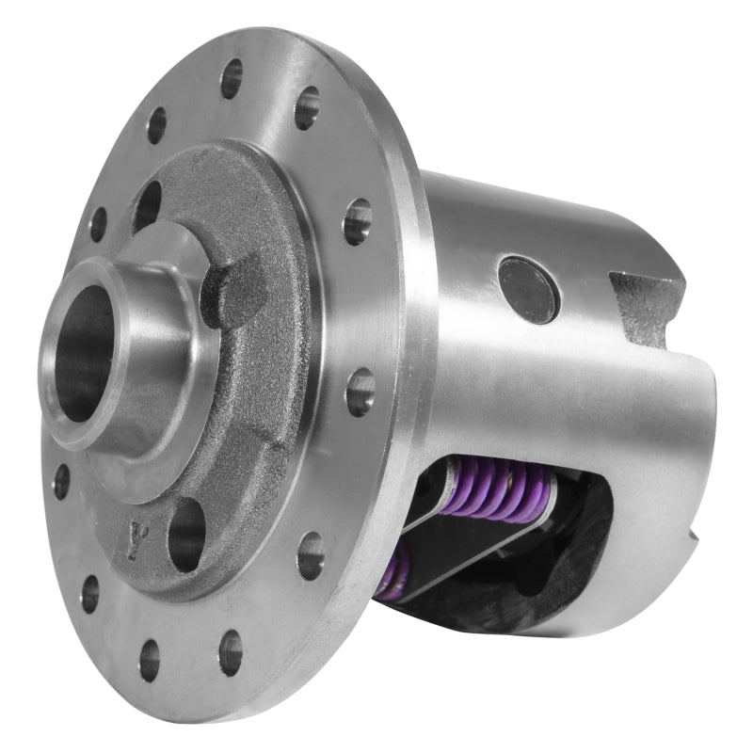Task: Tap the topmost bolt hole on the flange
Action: (x=232, y=78)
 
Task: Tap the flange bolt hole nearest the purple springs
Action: (x=310, y=556)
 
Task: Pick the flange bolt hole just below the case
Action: (x=360, y=391)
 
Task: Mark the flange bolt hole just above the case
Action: (x=357, y=222)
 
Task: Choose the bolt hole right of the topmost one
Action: (x=307, y=108)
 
